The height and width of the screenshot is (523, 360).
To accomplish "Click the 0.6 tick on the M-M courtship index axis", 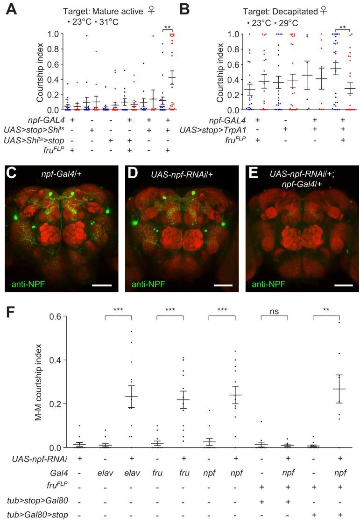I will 56,316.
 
